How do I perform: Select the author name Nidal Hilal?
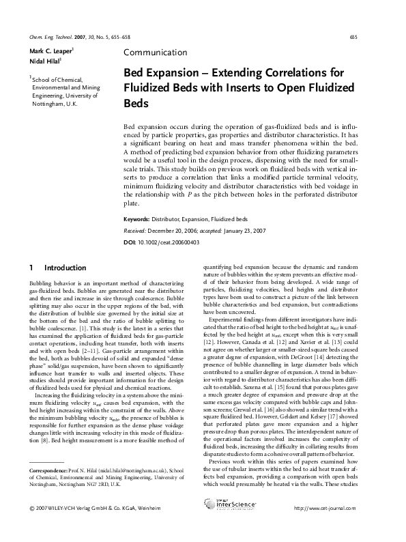44,62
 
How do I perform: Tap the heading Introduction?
66,266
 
